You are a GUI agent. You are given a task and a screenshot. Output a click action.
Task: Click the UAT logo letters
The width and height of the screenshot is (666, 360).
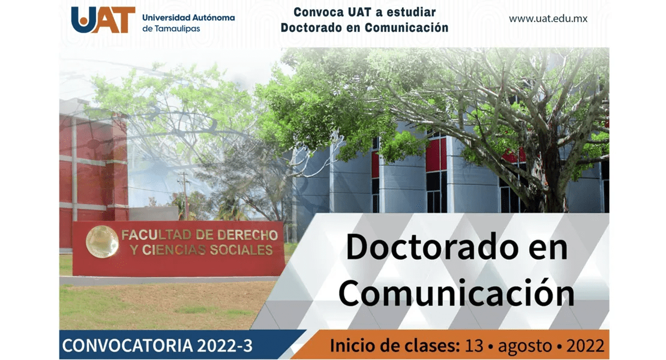[x=103, y=20]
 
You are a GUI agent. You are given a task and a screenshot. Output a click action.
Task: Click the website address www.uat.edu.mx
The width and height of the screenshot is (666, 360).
[x=548, y=19]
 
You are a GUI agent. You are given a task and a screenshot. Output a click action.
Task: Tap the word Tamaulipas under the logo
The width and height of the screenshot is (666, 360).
[x=177, y=29]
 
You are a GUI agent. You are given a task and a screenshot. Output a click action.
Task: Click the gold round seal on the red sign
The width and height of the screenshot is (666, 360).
[x=103, y=242]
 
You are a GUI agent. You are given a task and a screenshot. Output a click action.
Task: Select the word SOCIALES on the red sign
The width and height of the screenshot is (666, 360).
[x=241, y=250]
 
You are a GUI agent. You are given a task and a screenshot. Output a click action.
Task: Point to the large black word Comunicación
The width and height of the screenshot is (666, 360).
[x=457, y=293]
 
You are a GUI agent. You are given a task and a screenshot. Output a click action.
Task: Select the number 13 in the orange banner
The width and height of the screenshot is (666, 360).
[x=474, y=346]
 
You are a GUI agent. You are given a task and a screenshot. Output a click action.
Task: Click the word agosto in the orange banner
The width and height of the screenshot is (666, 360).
[x=525, y=347]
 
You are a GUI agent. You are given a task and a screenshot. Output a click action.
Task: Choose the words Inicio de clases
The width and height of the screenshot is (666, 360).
[x=395, y=346]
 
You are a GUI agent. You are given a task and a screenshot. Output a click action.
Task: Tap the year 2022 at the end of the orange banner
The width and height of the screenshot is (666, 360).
[x=585, y=346]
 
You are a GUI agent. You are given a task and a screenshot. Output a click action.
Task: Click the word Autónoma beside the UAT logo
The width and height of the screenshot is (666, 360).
[x=211, y=17]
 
